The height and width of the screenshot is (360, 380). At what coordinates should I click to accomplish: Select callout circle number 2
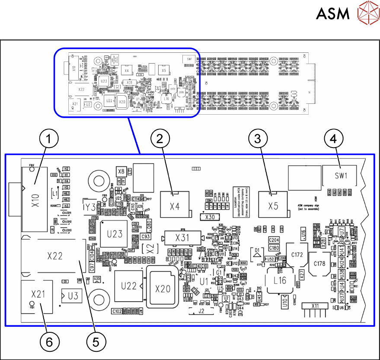pos(160,139)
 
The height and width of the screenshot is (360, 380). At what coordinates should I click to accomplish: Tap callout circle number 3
pos(258,139)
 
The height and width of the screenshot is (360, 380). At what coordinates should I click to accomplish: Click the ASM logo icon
pos(367,13)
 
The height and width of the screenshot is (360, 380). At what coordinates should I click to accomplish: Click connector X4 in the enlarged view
pos(175,206)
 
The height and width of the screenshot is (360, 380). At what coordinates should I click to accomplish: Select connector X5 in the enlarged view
pos(273,206)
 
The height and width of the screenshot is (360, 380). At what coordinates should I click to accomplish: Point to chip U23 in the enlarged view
pos(115,234)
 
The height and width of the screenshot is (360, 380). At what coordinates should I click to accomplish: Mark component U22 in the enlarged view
pos(129,286)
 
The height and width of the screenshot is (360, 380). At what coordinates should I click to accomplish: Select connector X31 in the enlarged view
pos(182,238)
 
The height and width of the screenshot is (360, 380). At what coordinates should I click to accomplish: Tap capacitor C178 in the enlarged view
pos(319,264)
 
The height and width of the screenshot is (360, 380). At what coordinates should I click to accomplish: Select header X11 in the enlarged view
pos(317,306)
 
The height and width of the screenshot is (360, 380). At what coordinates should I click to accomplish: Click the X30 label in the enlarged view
pos(210,217)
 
